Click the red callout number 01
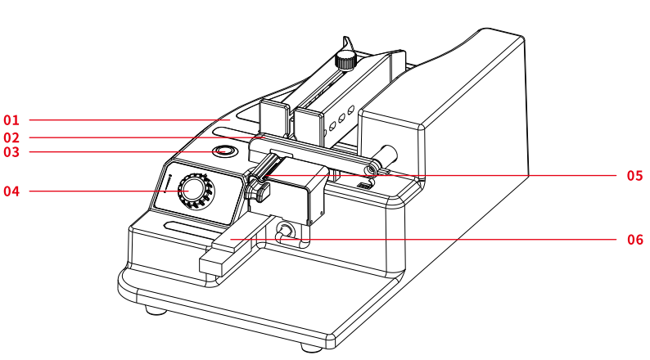click(x=11, y=120)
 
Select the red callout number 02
click(x=11, y=137)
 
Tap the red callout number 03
click(x=11, y=152)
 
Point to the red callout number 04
click(x=11, y=191)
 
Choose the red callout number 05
click(x=634, y=176)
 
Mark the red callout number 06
click(x=634, y=240)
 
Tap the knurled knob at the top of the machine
click(x=345, y=60)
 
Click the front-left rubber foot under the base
click(x=156, y=310)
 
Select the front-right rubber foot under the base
click(x=312, y=347)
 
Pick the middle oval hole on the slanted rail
click(x=341, y=119)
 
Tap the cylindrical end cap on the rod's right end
click(x=388, y=155)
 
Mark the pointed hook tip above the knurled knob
click(x=345, y=38)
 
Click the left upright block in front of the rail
click(x=274, y=118)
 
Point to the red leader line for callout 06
click(x=423, y=240)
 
